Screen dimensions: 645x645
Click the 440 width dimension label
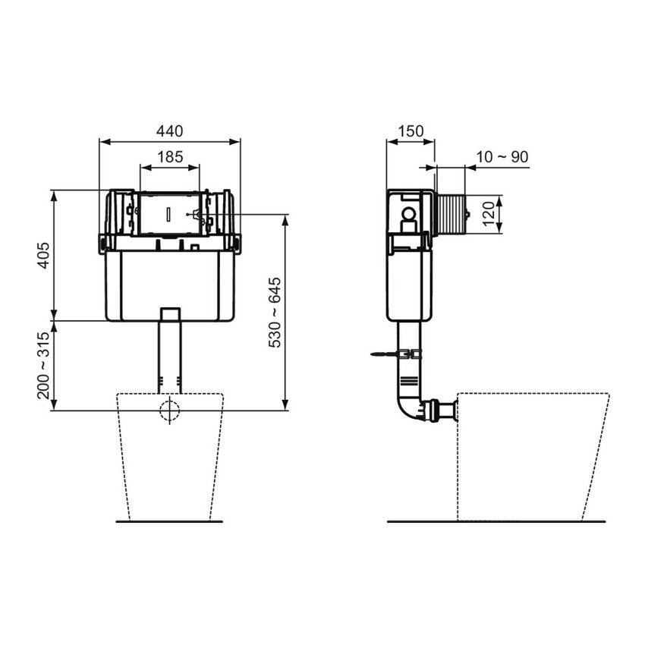point(170,131)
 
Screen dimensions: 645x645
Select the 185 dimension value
point(170,157)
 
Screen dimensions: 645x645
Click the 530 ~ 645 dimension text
point(275,313)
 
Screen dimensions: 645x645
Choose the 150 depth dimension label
point(411,131)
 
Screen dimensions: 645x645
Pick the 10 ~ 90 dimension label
point(502,157)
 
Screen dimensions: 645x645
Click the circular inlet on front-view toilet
point(170,410)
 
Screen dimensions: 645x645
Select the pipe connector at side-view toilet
point(441,410)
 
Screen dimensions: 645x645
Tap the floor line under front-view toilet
point(169,521)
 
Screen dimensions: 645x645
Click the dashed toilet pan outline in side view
point(531,455)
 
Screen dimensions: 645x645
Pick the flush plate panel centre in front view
point(169,215)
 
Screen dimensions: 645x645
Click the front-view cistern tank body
point(169,285)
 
